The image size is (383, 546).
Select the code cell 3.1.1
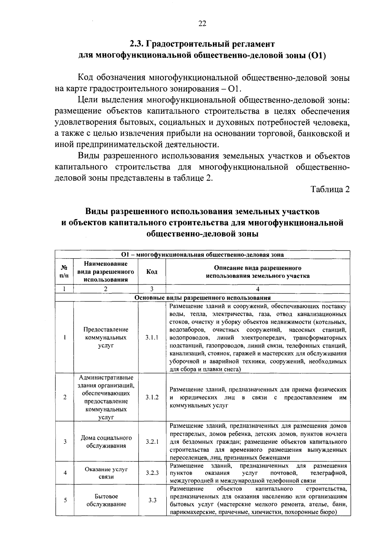(x=152, y=337)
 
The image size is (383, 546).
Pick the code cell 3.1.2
(x=152, y=397)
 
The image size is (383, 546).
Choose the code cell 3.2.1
(x=152, y=442)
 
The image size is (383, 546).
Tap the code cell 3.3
(x=152, y=500)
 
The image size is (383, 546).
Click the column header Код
(x=152, y=272)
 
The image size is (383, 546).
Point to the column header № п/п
(x=64, y=272)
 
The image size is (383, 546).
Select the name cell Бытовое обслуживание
(x=106, y=500)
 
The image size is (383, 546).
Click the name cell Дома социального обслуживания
(x=106, y=442)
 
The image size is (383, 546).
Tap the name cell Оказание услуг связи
(x=106, y=473)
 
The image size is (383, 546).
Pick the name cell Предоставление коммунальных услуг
(x=106, y=337)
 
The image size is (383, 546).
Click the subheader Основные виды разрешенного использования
(x=202, y=298)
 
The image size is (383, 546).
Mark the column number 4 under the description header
(x=258, y=289)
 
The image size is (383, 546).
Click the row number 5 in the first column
(x=65, y=500)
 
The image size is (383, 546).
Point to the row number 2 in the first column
(x=65, y=397)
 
